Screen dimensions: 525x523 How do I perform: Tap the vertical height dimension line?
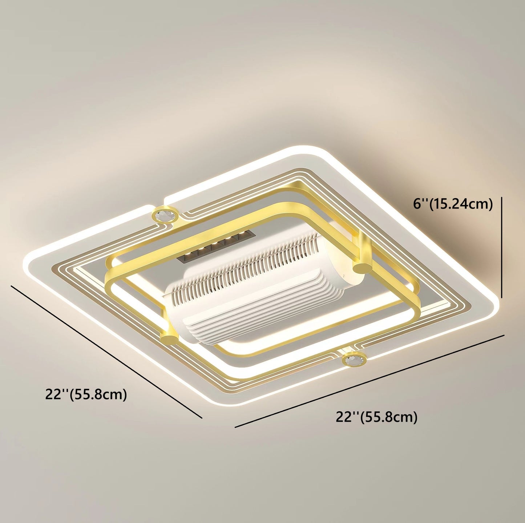(502, 248)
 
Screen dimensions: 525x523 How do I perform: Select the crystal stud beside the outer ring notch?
(165, 215)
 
